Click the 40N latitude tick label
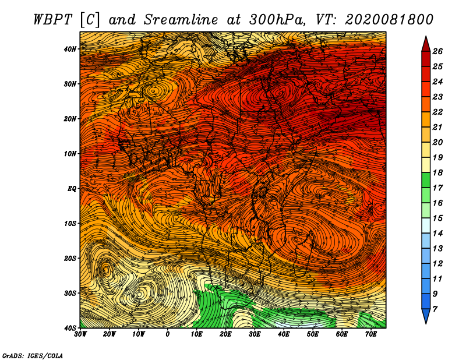click(x=69, y=49)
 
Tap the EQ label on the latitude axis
click(x=72, y=189)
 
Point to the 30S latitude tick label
click(x=69, y=293)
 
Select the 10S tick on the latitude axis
click(x=69, y=223)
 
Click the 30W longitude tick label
click(x=80, y=334)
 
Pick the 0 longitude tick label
click(x=168, y=334)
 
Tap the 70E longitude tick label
click(x=371, y=334)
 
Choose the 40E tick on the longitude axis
click(x=284, y=334)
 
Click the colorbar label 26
click(x=437, y=51)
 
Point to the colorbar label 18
click(x=437, y=172)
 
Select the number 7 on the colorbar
click(x=435, y=309)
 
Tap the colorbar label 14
click(x=437, y=234)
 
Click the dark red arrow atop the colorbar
click(x=426, y=44)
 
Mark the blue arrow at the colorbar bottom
click(x=426, y=316)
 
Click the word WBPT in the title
click(x=52, y=20)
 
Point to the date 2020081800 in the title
click(x=389, y=20)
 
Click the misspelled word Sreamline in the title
click(x=181, y=20)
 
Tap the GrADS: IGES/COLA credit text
click(x=33, y=356)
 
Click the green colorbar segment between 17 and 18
click(x=426, y=180)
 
